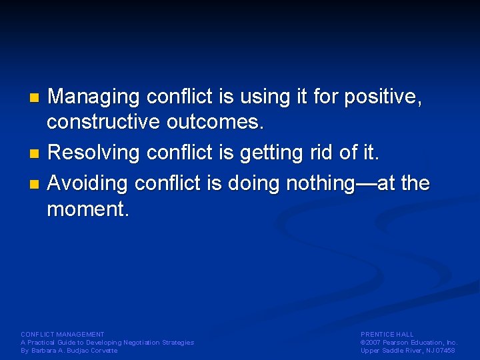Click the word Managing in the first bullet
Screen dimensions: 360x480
94,98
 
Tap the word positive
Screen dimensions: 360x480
383,98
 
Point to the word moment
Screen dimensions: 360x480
87,209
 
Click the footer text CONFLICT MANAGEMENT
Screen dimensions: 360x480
63,335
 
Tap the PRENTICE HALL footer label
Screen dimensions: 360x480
387,335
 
